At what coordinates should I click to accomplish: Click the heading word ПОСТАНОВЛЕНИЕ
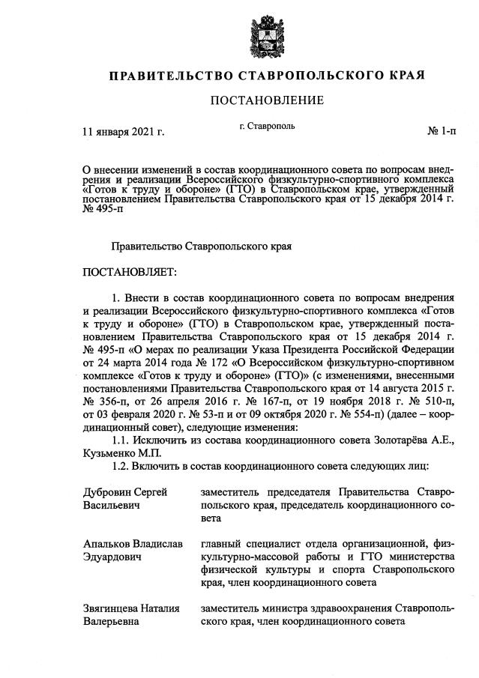(267, 100)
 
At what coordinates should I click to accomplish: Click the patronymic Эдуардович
(113, 557)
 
